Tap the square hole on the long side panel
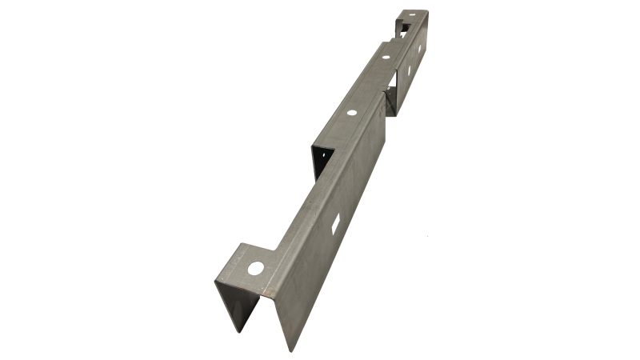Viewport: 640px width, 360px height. click(x=336, y=226)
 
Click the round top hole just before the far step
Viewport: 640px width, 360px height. click(x=385, y=57)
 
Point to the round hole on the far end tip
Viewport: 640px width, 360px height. click(x=412, y=15)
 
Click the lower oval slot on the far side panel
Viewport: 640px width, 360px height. click(x=409, y=71)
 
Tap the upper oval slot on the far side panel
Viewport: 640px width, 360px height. click(x=418, y=49)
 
